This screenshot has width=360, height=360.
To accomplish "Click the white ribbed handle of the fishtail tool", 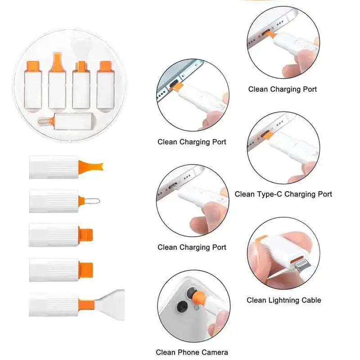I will click(54, 167).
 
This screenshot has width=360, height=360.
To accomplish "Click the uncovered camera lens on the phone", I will click(183, 307).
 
